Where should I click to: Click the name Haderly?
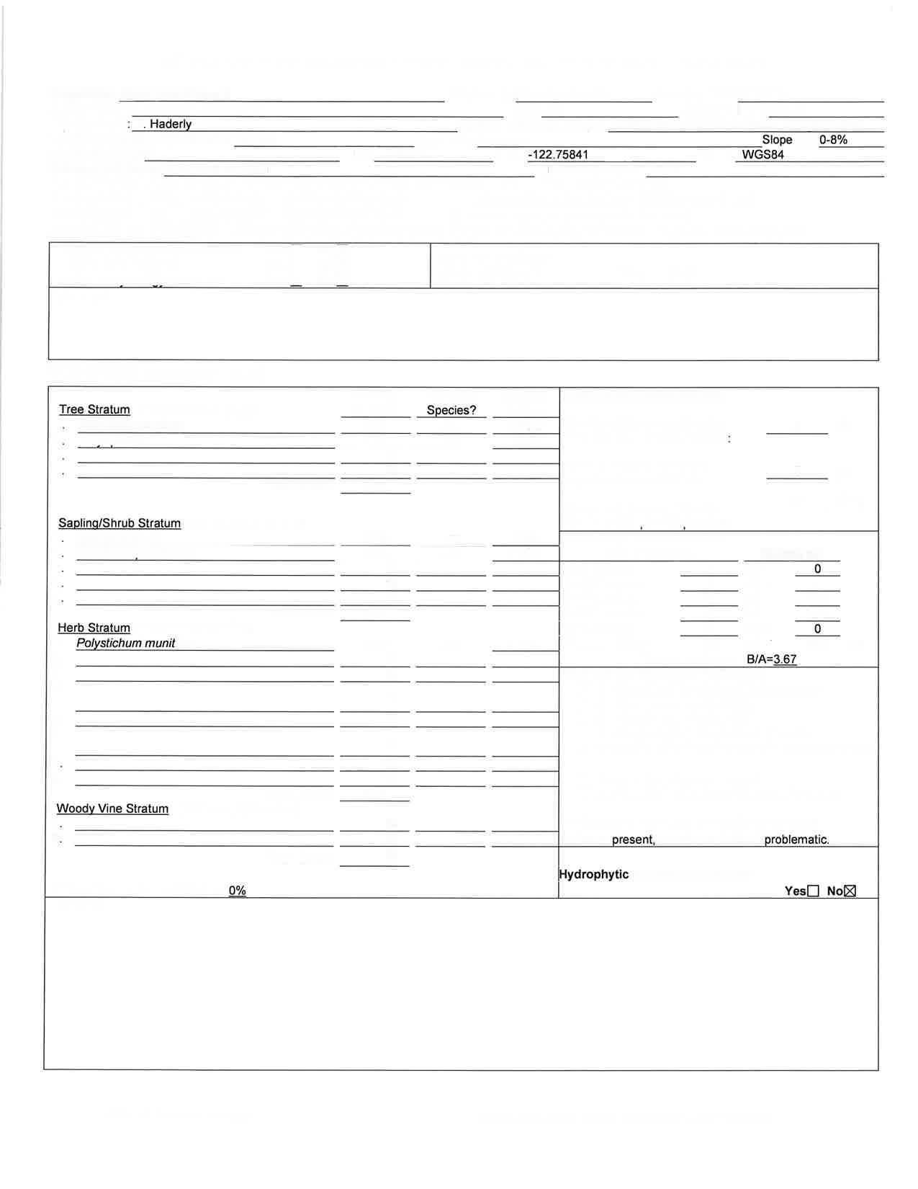tap(171, 124)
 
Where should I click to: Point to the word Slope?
tap(777, 140)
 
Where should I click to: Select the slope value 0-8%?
tap(833, 140)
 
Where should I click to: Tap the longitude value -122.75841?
tap(558, 155)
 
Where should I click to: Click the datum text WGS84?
tap(762, 155)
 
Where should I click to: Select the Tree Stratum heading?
tap(94, 409)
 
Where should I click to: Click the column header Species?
tap(451, 410)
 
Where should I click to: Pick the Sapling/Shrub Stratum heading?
tap(120, 523)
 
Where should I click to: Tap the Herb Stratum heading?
tap(94, 628)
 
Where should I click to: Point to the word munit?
tap(160, 643)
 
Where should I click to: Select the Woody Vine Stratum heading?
tap(112, 809)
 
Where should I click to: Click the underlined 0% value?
tap(238, 891)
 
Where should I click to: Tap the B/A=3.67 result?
tap(771, 659)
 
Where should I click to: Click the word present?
tap(633, 840)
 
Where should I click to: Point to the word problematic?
tap(796, 840)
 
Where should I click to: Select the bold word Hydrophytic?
tap(594, 874)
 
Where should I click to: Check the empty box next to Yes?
tap(813, 891)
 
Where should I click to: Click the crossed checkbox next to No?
tap(850, 891)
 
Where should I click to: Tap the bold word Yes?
tap(795, 891)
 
